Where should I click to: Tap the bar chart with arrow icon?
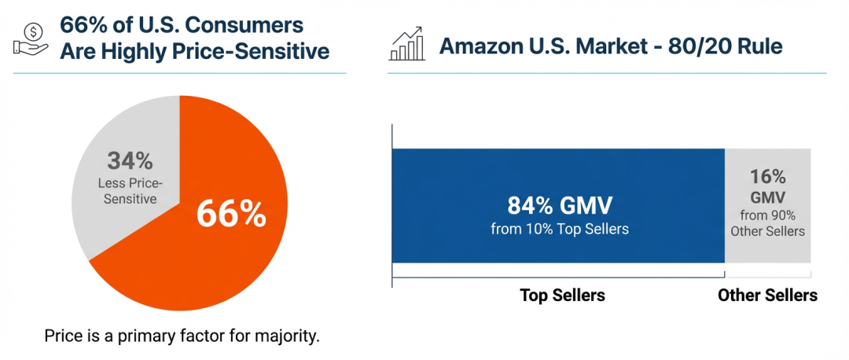point(407,46)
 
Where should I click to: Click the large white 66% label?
point(230,214)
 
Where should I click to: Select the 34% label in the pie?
point(130,162)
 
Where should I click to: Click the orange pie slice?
point(212,259)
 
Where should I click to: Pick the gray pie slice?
point(110,212)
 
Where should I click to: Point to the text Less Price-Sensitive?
point(130,191)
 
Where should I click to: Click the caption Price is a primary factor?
point(182,336)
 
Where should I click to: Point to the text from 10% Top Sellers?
point(559,230)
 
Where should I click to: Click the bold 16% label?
point(767,177)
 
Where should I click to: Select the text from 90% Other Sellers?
point(767,222)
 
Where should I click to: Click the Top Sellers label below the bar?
point(562,296)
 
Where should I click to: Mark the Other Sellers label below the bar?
point(767,296)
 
